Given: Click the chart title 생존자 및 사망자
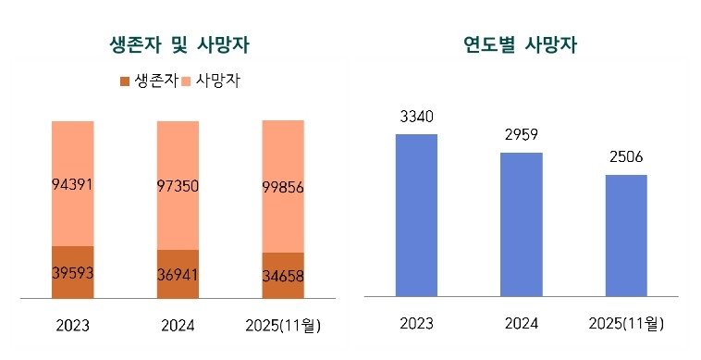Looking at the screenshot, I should pyautogui.click(x=178, y=44).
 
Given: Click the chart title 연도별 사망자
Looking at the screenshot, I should pyautogui.click(x=522, y=44).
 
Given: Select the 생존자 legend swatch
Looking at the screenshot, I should pyautogui.click(x=125, y=81).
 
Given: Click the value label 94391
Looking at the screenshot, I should pyautogui.click(x=72, y=186).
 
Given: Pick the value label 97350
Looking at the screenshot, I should pyautogui.click(x=178, y=186).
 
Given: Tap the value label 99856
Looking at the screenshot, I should pyautogui.click(x=283, y=187).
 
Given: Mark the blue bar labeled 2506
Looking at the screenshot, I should pyautogui.click(x=626, y=235).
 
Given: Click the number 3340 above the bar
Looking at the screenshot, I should pyautogui.click(x=416, y=118).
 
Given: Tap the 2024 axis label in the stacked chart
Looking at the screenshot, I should pyautogui.click(x=178, y=327).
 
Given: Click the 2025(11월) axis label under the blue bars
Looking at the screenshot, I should pyautogui.click(x=626, y=324).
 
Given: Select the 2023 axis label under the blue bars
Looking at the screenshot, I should pyautogui.click(x=416, y=324).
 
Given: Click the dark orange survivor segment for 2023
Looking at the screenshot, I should pyautogui.click(x=72, y=259).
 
